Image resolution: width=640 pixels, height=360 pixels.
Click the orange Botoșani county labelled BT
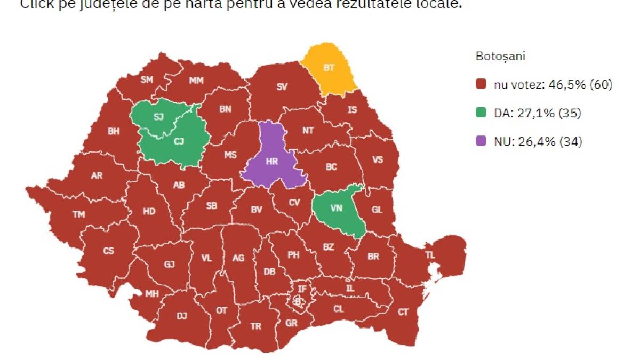tap(329, 68)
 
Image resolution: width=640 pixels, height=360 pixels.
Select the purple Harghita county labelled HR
tap(272, 160)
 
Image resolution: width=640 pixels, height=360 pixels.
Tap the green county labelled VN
tap(336, 208)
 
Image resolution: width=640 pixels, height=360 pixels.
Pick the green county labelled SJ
tap(158, 117)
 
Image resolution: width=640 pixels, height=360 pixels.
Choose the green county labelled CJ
tap(179, 141)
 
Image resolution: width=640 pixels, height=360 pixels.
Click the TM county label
tap(79, 214)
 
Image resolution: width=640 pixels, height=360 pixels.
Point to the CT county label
tap(403, 312)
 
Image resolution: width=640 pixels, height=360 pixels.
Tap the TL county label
tap(430, 255)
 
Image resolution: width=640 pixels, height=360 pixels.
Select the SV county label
tap(282, 86)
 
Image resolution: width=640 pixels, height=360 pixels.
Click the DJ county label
tap(182, 316)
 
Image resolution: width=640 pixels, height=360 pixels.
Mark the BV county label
tap(257, 210)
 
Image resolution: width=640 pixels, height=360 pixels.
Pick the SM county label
tap(147, 80)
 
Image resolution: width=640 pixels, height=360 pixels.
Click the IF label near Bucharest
tap(302, 289)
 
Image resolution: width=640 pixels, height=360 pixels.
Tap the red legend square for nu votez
tap(481, 84)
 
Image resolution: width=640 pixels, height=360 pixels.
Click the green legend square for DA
tap(481, 113)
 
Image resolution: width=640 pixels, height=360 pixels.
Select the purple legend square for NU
tap(481, 142)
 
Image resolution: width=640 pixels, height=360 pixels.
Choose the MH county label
tap(152, 294)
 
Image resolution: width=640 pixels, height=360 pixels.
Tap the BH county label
tap(114, 132)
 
